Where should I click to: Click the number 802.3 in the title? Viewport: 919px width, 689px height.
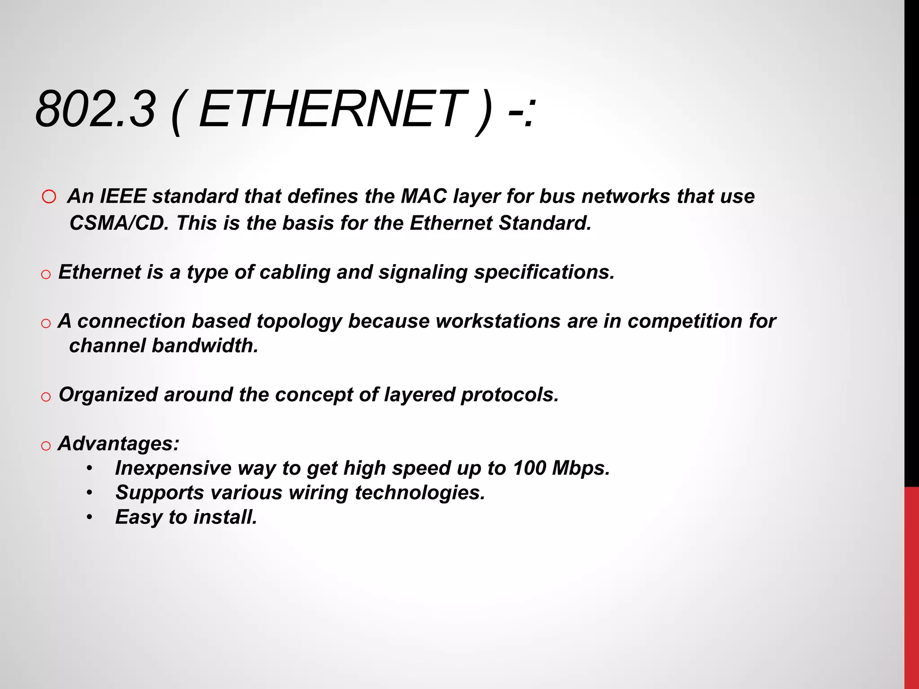[96, 109]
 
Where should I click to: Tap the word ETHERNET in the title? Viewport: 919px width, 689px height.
[332, 109]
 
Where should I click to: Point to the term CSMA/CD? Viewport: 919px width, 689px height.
[119, 223]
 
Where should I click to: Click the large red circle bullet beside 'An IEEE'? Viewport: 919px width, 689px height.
[49, 197]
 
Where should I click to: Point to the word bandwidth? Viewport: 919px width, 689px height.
[205, 346]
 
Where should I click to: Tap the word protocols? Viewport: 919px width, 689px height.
[510, 395]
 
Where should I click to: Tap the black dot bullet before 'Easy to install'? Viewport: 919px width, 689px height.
[90, 518]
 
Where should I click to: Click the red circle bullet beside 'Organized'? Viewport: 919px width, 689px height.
[46, 397]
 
